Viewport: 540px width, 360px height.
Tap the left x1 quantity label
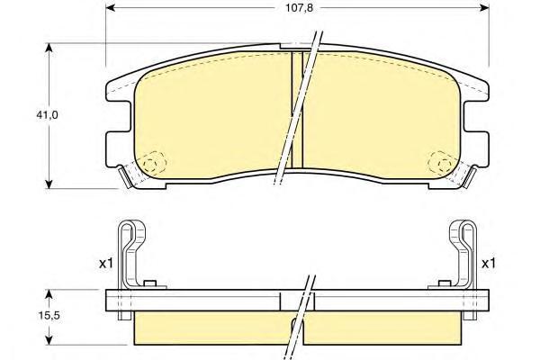(103, 264)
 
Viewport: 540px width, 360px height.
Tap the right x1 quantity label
(489, 264)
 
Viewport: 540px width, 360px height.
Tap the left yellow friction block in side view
(211, 329)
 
